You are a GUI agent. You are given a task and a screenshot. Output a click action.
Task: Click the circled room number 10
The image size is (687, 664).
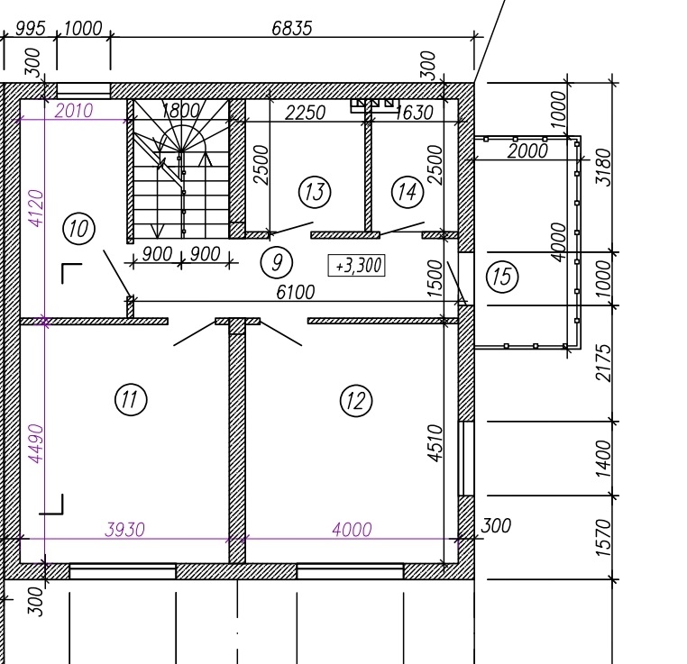(x=78, y=229)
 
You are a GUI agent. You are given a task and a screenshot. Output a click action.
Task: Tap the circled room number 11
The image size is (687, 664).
(x=131, y=399)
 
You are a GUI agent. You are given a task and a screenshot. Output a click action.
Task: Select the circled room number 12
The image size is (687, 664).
(x=356, y=401)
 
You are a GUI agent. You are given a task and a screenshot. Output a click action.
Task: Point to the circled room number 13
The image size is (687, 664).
(x=315, y=192)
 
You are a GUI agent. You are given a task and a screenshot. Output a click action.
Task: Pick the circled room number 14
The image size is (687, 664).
(x=408, y=192)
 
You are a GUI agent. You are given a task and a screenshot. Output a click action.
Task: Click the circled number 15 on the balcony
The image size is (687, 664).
(x=502, y=277)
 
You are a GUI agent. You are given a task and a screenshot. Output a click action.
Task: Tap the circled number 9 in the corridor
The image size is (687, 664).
(x=277, y=262)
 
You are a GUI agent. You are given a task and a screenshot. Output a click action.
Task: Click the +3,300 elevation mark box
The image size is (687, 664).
(x=357, y=265)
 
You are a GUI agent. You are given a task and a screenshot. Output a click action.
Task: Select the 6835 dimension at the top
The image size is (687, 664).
(x=292, y=29)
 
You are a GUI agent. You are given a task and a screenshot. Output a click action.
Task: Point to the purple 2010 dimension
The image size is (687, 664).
(x=74, y=110)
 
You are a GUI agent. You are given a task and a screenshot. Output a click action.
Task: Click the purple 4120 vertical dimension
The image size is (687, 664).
(x=36, y=208)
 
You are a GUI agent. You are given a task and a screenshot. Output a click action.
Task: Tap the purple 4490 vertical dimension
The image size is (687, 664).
(x=36, y=443)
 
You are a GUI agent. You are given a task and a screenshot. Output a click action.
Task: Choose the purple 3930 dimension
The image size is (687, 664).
(x=125, y=530)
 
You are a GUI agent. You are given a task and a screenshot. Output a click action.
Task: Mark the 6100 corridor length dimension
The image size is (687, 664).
(x=296, y=292)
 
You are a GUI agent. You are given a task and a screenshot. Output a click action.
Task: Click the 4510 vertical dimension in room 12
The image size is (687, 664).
(x=435, y=442)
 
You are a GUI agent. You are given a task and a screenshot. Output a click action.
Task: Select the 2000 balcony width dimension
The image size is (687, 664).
(x=527, y=151)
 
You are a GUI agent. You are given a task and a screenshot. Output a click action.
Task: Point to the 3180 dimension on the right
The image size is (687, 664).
(x=604, y=168)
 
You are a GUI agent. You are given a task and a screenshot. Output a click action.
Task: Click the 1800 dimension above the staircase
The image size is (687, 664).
(x=180, y=110)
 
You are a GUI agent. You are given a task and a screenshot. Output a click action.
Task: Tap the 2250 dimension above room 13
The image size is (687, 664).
(x=305, y=113)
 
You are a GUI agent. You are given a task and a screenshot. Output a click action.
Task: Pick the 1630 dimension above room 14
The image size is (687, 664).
(x=414, y=113)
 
